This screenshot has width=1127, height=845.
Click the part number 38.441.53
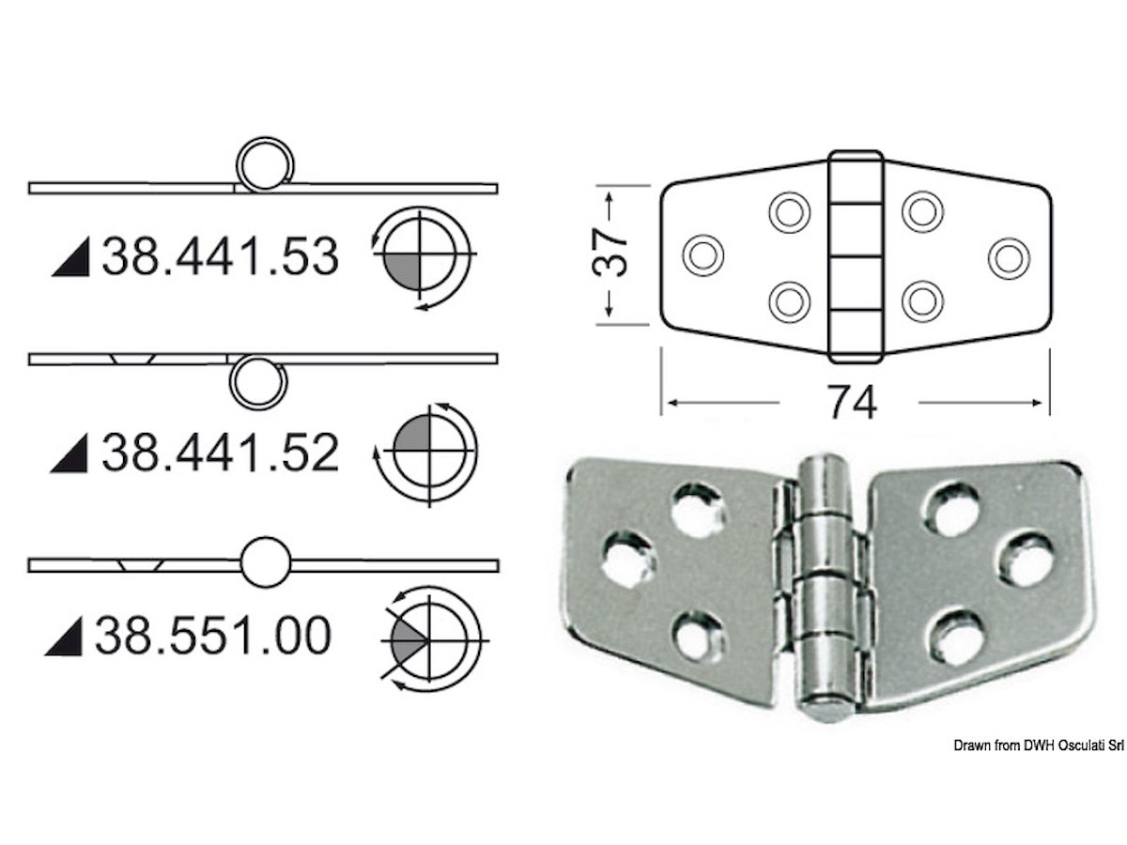(221, 256)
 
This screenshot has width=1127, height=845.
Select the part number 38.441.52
(221, 452)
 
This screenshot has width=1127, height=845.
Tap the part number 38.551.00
(213, 636)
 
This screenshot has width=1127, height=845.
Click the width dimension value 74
(852, 404)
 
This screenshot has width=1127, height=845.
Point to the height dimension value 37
(610, 253)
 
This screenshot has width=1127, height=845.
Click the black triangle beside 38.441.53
(70, 257)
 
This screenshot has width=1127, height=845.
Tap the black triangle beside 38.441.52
(69, 453)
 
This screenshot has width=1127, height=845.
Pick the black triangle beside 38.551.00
(64, 637)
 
